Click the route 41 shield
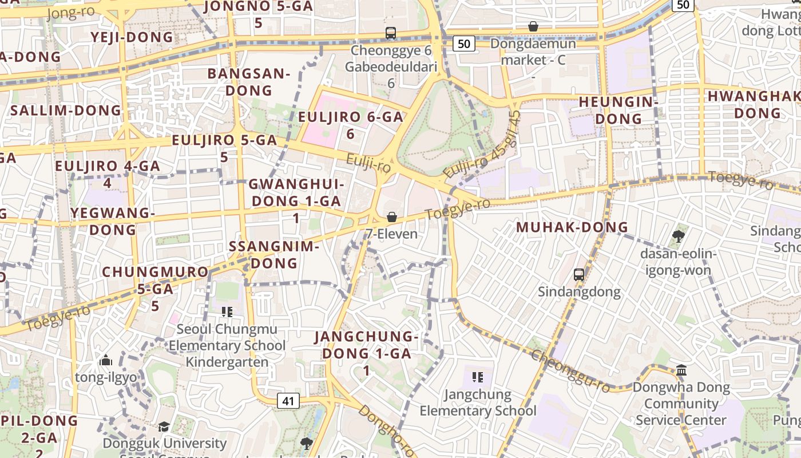pyautogui.click(x=288, y=401)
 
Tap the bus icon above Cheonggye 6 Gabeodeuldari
pyautogui.click(x=391, y=33)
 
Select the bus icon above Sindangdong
pyautogui.click(x=579, y=274)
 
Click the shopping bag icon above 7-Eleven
pyautogui.click(x=392, y=217)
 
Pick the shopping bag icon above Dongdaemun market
pyautogui.click(x=533, y=26)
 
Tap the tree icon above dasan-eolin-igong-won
pyautogui.click(x=679, y=235)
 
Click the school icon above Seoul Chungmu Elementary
pyautogui.click(x=227, y=312)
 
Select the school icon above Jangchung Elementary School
pyautogui.click(x=478, y=377)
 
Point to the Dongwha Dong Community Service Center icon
pyautogui.click(x=681, y=370)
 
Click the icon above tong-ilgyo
pyautogui.click(x=106, y=361)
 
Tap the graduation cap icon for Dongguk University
pyautogui.click(x=164, y=427)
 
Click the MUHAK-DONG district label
pyautogui.click(x=572, y=227)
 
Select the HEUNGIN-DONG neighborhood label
pyautogui.click(x=618, y=110)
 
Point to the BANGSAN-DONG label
pyautogui.click(x=249, y=82)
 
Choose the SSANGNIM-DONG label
pyautogui.click(x=274, y=255)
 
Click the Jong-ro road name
pyautogui.click(x=71, y=12)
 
